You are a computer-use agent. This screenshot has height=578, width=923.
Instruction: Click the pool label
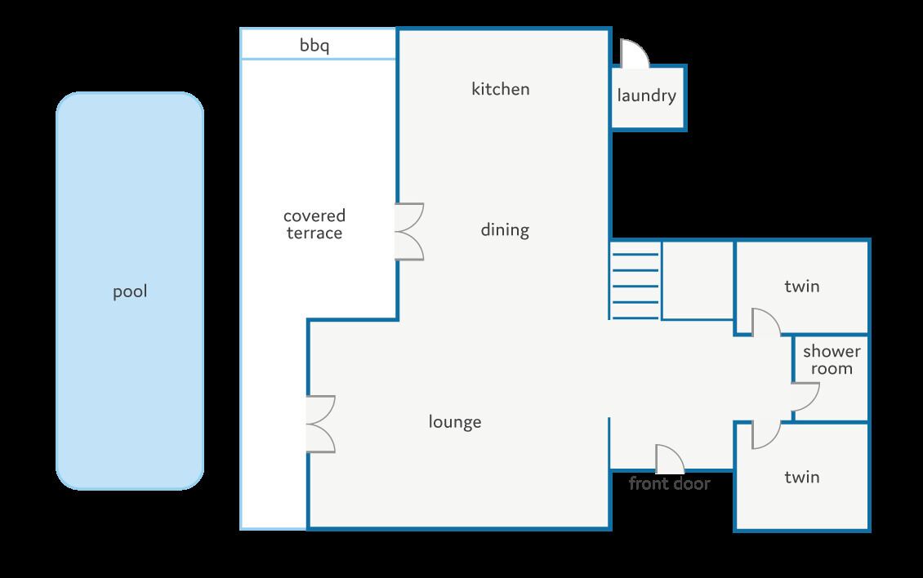pos(130,291)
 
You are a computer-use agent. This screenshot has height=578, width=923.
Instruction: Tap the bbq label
pos(314,46)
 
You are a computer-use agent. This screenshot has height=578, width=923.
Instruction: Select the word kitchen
pos(501,89)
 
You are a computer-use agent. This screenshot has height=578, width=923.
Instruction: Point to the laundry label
pos(646,96)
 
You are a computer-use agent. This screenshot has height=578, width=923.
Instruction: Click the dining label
pos(505,229)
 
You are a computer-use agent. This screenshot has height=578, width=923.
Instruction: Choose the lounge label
pos(454,422)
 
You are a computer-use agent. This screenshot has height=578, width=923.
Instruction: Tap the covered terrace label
pos(314,225)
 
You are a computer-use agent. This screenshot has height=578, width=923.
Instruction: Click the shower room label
pos(832,360)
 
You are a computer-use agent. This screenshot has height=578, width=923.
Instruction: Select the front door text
pos(669,484)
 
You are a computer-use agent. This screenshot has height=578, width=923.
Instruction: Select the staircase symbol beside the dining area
pos(635,279)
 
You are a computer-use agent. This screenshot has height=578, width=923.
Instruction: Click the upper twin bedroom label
pos(802,287)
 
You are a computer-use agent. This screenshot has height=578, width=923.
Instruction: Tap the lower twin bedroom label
pos(802,478)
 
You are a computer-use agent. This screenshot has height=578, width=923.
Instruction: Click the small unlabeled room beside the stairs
pos(698,280)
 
